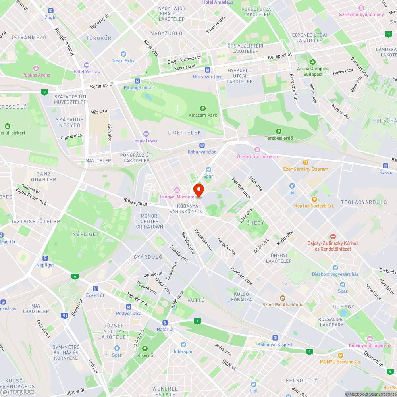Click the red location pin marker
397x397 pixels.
coord(198,190)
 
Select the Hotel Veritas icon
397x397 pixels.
coord(87,65)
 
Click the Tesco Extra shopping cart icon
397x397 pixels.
coord(123,54)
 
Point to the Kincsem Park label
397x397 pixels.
coord(203,115)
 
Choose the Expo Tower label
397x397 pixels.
coord(146,141)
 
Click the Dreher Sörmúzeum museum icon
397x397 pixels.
coord(257,149)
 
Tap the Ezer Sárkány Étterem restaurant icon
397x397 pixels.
coord(306,162)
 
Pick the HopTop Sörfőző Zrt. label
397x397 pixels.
coord(314,206)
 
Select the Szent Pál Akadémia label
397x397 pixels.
coord(283,304)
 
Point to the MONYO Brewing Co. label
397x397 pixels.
coord(340,362)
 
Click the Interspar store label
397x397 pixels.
coord(183,351)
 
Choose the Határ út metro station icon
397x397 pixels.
coord(165,322)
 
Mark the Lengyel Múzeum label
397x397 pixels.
coord(177,197)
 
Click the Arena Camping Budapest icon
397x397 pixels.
coord(313,62)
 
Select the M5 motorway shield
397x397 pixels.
coord(65,316)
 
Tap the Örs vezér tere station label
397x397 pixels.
coord(207,77)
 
